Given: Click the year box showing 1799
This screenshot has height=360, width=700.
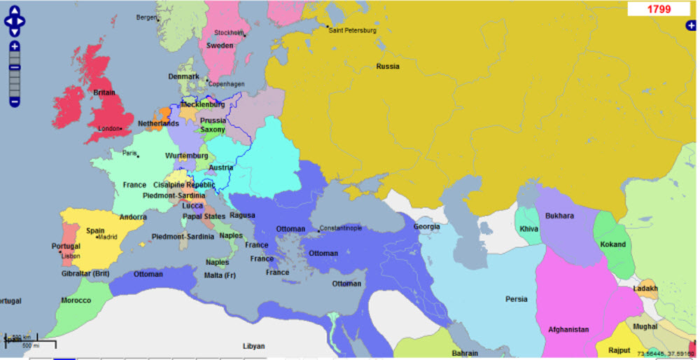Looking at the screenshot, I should pos(659,9).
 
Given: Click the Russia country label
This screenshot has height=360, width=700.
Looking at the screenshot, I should pos(388,67).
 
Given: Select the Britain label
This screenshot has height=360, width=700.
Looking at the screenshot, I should pos(104,92).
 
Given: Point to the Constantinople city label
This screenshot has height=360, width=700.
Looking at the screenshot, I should pos(342,229).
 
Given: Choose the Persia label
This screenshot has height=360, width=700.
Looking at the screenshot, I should pos(516,299).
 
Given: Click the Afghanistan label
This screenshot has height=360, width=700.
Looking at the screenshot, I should pos(568,329).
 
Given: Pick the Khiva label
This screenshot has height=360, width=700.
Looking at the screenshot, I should pos(529,230).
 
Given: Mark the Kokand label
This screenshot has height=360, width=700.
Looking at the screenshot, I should pos(613,244).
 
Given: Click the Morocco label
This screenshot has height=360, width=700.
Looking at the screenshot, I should pos(76,300).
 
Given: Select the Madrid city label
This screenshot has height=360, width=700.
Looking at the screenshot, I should pos(107,237).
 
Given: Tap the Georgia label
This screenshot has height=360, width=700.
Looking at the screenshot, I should pos(426,226).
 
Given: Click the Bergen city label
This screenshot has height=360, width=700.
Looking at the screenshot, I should pos(147,17).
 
